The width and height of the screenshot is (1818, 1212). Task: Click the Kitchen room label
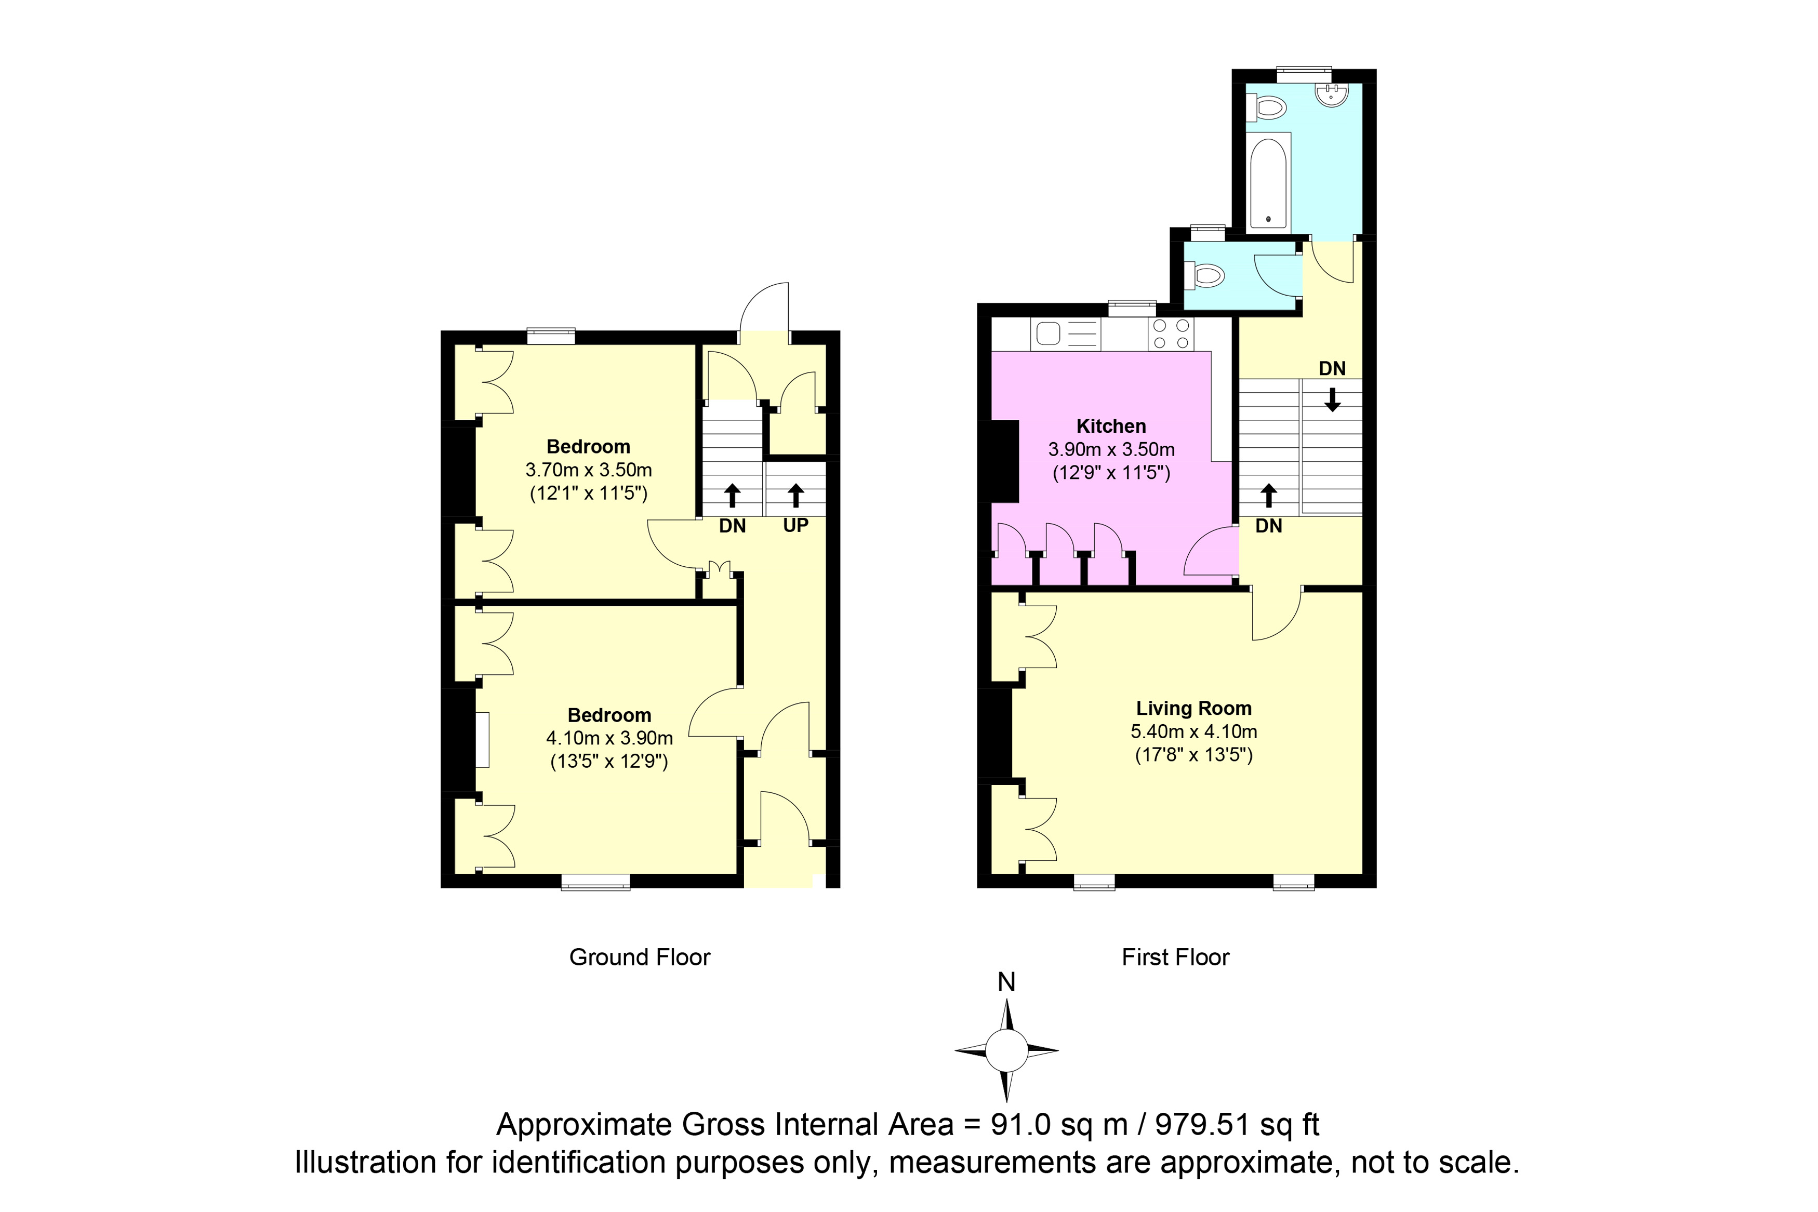pos(1111,426)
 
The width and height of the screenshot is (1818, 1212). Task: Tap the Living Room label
pos(1193,708)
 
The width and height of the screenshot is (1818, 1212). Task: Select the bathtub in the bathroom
pos(1268,184)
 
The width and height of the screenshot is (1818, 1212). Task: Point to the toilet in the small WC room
pos(1206,274)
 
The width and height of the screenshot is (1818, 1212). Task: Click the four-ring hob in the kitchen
pos(1171,335)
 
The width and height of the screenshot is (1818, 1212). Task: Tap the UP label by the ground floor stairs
pos(795,526)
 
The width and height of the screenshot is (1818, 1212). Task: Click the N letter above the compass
pos(1006,982)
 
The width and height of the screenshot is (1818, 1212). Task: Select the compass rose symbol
pos(1006,1050)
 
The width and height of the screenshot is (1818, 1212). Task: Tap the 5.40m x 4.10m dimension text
pos(1193,731)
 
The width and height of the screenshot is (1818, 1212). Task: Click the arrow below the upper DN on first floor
pos(1332,399)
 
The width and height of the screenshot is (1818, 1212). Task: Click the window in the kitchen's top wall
pos(1132,309)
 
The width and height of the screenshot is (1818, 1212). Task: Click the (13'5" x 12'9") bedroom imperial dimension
pos(609,762)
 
